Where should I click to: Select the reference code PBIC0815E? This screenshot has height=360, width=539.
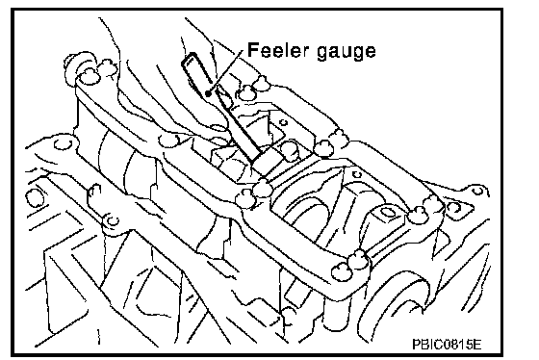pyautogui.click(x=447, y=344)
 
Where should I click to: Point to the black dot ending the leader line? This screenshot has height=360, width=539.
pyautogui.click(x=208, y=92)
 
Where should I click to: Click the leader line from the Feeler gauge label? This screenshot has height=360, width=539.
pyautogui.click(x=226, y=70)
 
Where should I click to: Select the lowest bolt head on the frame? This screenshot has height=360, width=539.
pyautogui.click(x=342, y=271)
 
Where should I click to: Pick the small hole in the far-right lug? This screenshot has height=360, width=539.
pyautogui.click(x=477, y=192)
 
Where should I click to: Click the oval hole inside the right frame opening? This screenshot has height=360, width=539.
pyautogui.click(x=389, y=213)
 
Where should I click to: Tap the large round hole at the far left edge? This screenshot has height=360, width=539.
pyautogui.click(x=34, y=198)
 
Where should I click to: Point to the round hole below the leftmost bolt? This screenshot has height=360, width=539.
pyautogui.click(x=63, y=144)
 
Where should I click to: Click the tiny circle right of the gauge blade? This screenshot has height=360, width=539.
pyautogui.click(x=284, y=122)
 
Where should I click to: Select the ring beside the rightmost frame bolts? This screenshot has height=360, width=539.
pyautogui.click(x=454, y=207)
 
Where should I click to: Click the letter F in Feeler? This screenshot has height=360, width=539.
pyautogui.click(x=252, y=50)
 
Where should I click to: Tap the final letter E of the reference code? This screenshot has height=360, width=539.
pyautogui.click(x=477, y=344)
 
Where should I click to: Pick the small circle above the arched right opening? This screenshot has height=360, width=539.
pyautogui.click(x=357, y=174)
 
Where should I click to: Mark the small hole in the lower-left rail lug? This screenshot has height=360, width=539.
pyautogui.click(x=111, y=221)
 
